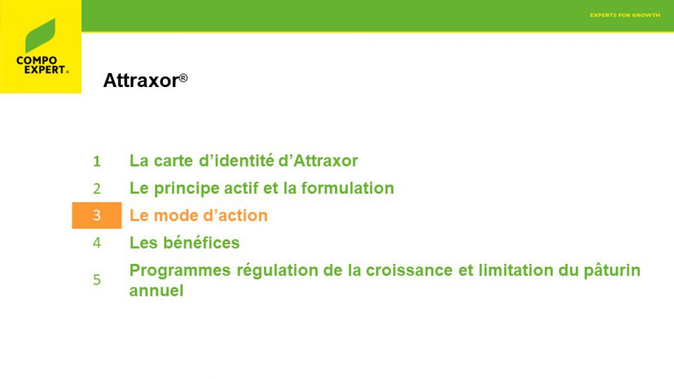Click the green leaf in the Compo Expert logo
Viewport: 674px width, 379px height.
(x=40, y=35)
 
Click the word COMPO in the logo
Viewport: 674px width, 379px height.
(x=37, y=61)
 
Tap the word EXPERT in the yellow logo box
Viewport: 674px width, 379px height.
(x=45, y=70)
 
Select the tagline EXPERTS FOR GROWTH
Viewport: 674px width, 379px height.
(x=625, y=15)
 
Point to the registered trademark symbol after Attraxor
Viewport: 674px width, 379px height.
(x=183, y=78)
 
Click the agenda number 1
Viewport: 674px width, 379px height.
(x=97, y=161)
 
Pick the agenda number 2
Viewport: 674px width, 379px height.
(x=97, y=189)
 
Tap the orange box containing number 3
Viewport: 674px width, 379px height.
(x=97, y=216)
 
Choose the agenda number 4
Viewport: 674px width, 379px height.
(x=97, y=243)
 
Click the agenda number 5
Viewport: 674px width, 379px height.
(x=97, y=280)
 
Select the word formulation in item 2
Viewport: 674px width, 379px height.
(x=348, y=188)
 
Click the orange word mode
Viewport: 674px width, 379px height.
(x=176, y=216)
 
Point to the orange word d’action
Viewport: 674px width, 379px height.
(x=235, y=216)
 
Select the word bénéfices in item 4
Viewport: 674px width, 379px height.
(x=201, y=243)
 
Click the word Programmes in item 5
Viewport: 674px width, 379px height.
(x=180, y=271)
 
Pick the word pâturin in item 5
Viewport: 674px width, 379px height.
(x=612, y=271)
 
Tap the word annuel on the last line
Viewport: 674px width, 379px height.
(x=157, y=291)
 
